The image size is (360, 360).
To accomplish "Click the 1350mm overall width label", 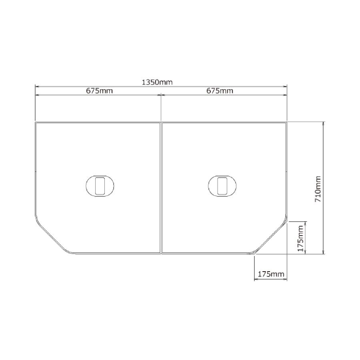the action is click(x=157, y=82).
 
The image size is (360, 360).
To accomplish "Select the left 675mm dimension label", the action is click(x=100, y=91).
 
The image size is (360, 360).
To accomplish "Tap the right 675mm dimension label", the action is click(x=220, y=91).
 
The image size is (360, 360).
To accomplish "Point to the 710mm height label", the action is click(x=318, y=189).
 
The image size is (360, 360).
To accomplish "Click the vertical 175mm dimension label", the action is click(x=300, y=238).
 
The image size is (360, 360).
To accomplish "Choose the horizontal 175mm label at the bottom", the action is click(x=271, y=274).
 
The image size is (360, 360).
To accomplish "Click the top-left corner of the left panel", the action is click(x=36, y=122).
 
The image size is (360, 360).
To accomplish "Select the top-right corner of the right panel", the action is click(x=286, y=122).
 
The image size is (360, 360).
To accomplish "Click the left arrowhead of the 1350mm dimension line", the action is click(x=37, y=86).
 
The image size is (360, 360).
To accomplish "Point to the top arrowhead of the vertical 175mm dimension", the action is click(x=305, y=223).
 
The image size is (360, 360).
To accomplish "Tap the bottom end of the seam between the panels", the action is click(x=161, y=254).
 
